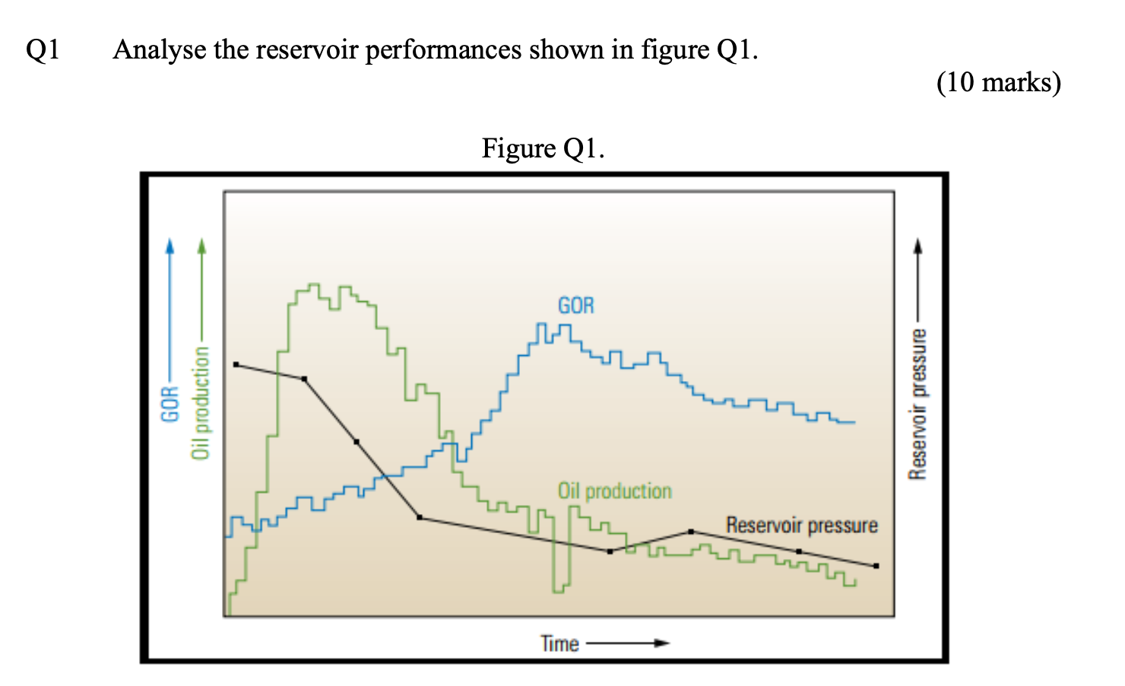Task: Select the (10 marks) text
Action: click(x=998, y=82)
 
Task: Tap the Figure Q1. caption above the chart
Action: click(x=543, y=148)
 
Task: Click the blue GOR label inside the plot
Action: click(x=575, y=306)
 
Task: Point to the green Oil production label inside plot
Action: click(x=614, y=491)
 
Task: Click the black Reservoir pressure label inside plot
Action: click(x=801, y=526)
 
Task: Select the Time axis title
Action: click(x=559, y=643)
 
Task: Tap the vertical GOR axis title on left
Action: click(x=170, y=403)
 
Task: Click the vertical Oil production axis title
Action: click(x=201, y=403)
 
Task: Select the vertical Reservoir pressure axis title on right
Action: click(x=918, y=404)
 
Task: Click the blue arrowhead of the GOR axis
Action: click(x=170, y=245)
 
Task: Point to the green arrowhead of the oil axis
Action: click(x=201, y=245)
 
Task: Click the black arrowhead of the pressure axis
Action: click(x=918, y=245)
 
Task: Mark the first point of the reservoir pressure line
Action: click(x=236, y=365)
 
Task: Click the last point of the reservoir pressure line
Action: click(x=876, y=566)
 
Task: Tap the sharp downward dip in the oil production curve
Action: click(x=560, y=586)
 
